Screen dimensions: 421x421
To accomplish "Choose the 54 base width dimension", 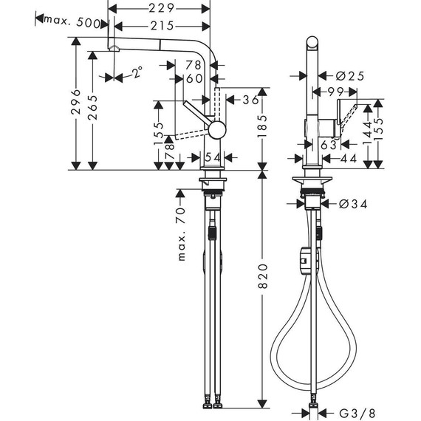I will pos(212,157).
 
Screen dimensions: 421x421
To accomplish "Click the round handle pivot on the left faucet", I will pos(216,131).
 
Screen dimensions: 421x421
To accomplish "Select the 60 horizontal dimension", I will pos(194,79).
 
